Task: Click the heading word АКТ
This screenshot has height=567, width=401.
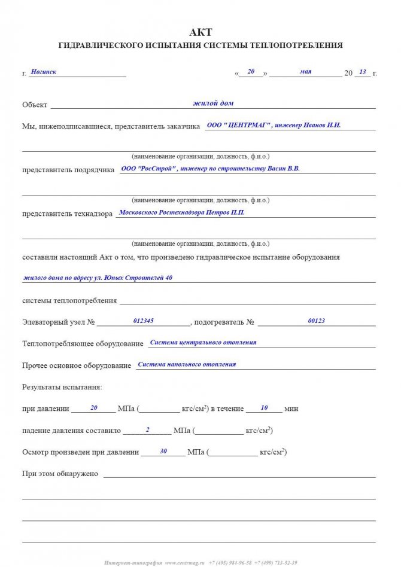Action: tap(200, 32)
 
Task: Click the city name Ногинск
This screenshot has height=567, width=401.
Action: tap(44, 72)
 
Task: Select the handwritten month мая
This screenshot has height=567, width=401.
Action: tap(305, 71)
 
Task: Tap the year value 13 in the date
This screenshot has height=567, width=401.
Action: tap(362, 72)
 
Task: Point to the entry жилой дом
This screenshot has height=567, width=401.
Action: tap(213, 103)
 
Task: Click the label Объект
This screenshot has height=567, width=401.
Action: tap(35, 105)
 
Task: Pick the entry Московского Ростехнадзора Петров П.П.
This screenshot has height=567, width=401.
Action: tap(182, 212)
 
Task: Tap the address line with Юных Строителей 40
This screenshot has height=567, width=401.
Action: tap(98, 278)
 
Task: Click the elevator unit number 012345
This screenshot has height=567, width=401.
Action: tap(144, 321)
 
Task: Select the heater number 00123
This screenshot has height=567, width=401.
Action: tap(316, 321)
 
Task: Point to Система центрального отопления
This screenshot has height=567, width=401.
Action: tap(203, 342)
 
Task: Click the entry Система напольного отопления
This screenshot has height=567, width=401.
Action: tap(187, 364)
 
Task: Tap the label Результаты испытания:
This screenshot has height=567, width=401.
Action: tap(62, 387)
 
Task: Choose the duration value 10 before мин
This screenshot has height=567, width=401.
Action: tap(265, 407)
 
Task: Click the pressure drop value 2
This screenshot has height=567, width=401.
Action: tap(147, 429)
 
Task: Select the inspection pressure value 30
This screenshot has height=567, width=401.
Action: tap(163, 451)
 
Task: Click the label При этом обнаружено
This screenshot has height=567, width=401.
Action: tap(60, 473)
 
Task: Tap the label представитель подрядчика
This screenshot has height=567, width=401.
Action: tap(68, 170)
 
